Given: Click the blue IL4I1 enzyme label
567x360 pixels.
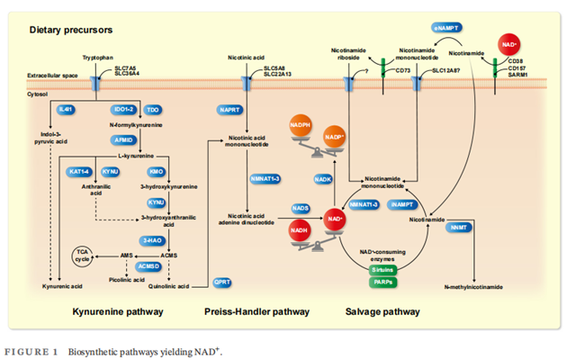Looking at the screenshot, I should [65, 109].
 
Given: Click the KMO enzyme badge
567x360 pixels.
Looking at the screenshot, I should [156, 170].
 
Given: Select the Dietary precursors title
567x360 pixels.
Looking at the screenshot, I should [66, 31].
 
